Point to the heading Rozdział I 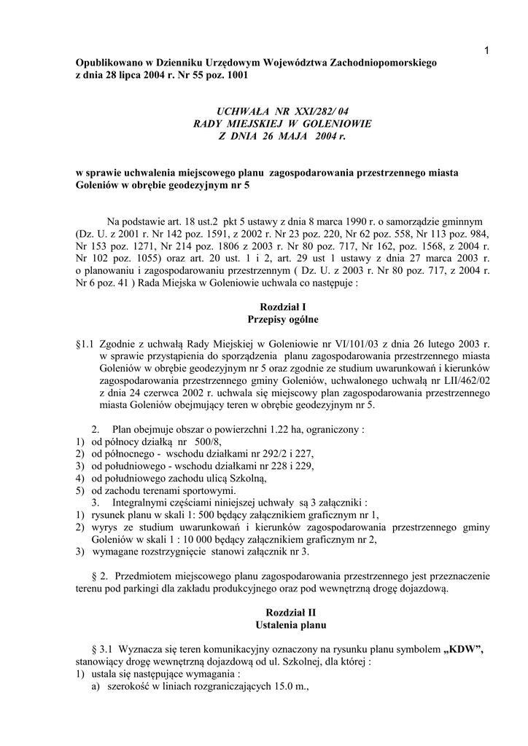pyautogui.click(x=282, y=307)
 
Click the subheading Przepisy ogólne pyautogui.click(x=282, y=319)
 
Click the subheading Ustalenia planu pyautogui.click(x=282, y=625)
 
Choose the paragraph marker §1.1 pyautogui.click(x=86, y=342)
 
